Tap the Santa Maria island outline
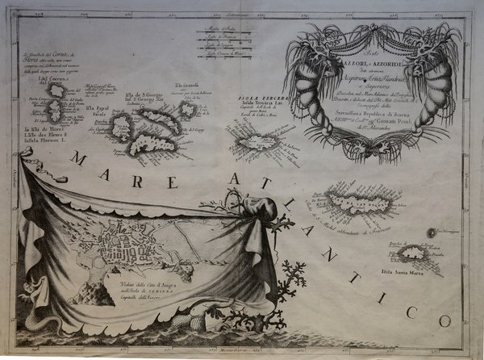416,253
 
